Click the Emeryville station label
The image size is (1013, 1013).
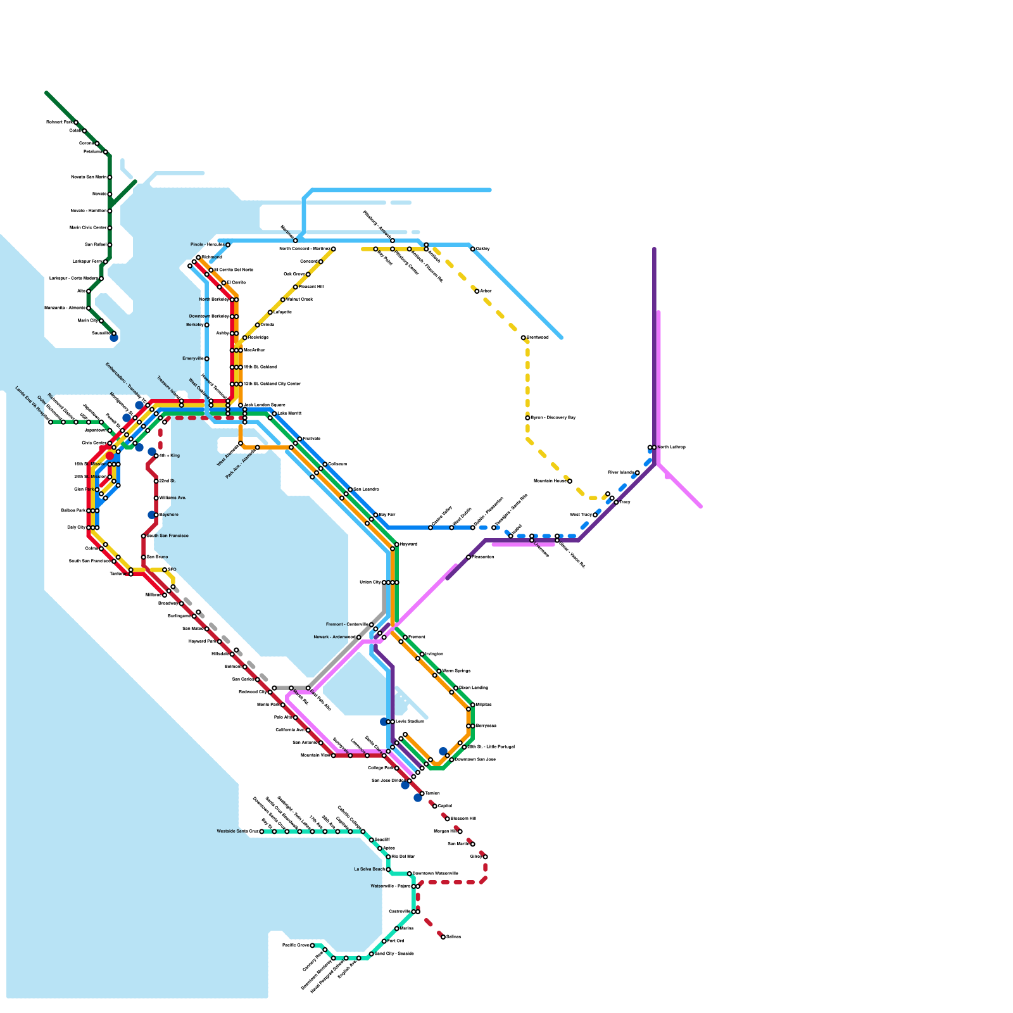point(192,359)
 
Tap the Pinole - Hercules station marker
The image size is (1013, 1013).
point(228,245)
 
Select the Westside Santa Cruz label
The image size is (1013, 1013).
point(237,831)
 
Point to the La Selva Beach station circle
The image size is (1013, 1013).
point(388,870)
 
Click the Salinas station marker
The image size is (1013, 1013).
point(443,937)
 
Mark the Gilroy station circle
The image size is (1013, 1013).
point(485,857)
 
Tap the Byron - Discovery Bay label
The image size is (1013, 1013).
point(553,418)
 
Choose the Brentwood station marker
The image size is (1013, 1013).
point(524,338)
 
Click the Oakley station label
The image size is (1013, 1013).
point(482,249)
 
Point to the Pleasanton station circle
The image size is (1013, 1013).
point(469,557)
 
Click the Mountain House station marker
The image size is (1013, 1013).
point(570,481)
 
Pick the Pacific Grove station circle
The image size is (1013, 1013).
point(312,946)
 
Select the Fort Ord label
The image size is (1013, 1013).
point(396,941)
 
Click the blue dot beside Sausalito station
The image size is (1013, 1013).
point(114,338)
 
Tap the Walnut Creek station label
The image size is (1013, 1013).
point(299,299)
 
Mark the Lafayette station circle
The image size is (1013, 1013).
point(270,313)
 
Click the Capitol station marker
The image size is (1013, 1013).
point(435,807)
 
